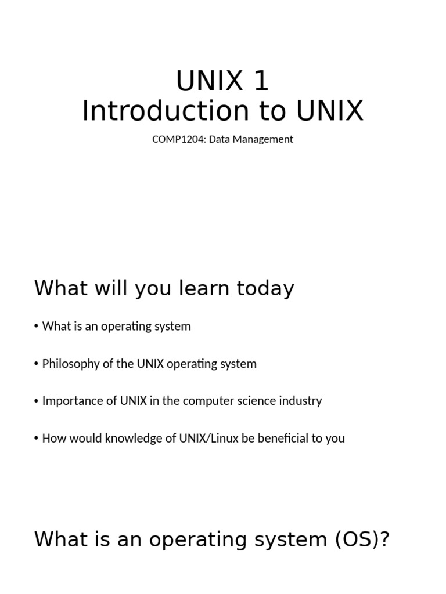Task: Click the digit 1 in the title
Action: point(261,81)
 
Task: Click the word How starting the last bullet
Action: point(53,438)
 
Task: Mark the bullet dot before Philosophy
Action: point(37,365)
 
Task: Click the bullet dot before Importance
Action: point(37,401)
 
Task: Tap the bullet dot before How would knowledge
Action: point(37,439)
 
